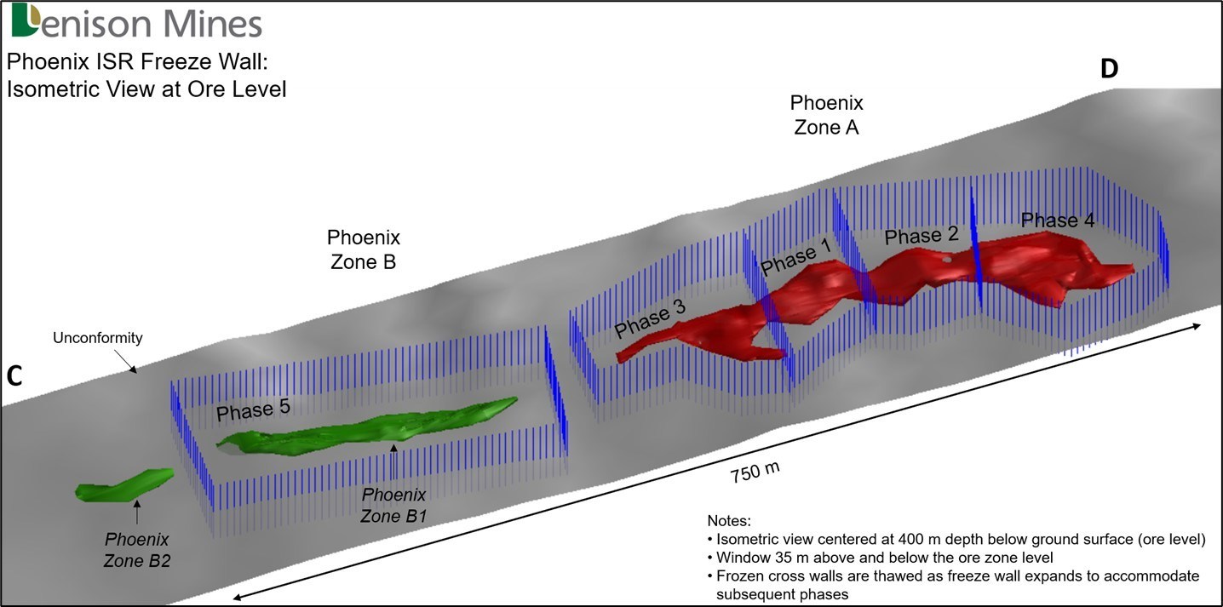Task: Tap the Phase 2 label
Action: click(921, 235)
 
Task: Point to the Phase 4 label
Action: click(1057, 220)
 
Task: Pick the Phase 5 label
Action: click(253, 411)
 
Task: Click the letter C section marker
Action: click(14, 377)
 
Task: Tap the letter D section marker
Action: click(1108, 70)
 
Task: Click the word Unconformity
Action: click(97, 338)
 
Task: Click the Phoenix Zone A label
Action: click(826, 116)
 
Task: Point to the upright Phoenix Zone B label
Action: click(363, 249)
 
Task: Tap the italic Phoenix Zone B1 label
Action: click(393, 505)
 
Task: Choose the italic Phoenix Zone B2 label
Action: click(136, 550)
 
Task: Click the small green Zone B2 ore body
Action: click(123, 486)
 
